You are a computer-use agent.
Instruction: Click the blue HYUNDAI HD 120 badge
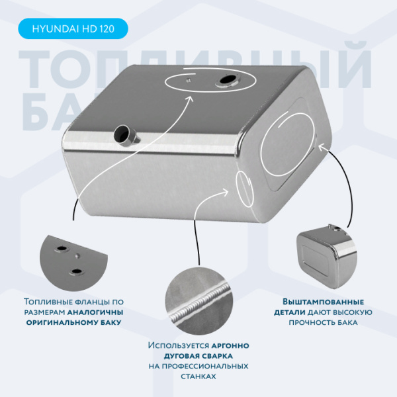click(x=73, y=28)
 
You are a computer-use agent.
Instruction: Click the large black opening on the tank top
click(x=228, y=80)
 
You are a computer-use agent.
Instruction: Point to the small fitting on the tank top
click(x=188, y=80)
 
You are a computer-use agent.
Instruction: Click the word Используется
click(x=179, y=345)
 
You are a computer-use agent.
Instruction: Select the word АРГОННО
click(x=230, y=345)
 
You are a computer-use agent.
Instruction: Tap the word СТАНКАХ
click(x=198, y=376)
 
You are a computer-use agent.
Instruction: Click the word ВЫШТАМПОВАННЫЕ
click(x=324, y=302)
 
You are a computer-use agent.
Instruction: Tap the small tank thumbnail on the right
click(x=327, y=256)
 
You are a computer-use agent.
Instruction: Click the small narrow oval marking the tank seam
click(x=244, y=189)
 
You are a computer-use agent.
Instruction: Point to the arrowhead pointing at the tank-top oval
click(x=189, y=99)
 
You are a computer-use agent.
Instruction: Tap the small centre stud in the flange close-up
click(x=77, y=255)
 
